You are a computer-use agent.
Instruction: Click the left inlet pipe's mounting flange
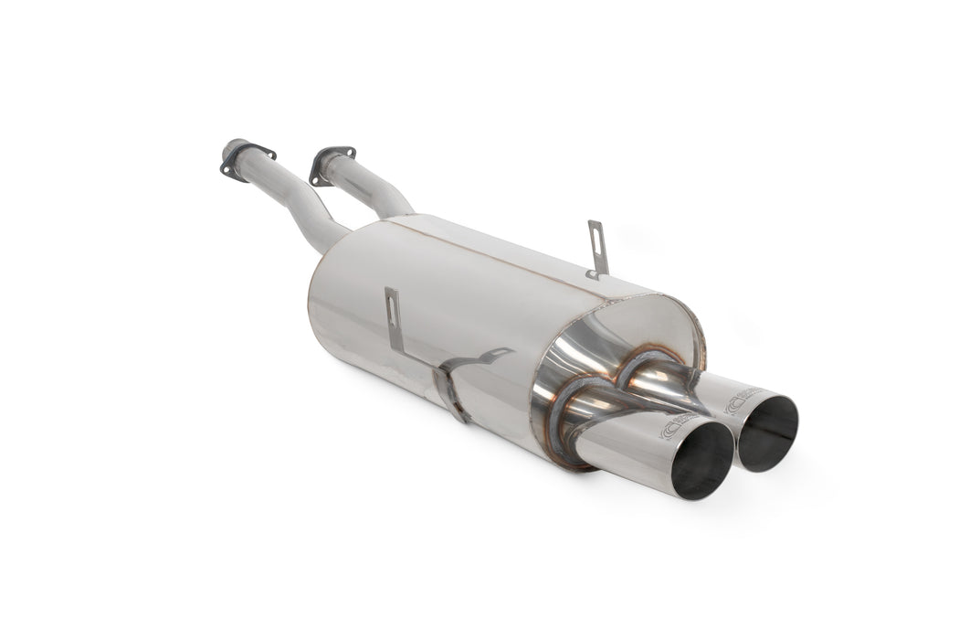(236, 159)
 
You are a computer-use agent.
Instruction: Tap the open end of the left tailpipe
(701, 461)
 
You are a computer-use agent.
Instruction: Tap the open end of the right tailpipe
(767, 432)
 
